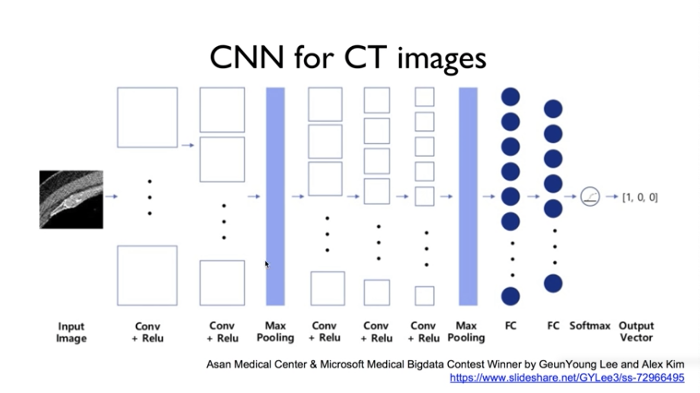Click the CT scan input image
pos(71,200)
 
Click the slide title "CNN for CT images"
pos(348,58)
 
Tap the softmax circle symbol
pos(590,196)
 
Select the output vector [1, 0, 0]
pos(640,197)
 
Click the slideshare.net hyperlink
pos(567,378)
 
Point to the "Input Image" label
pos(71,332)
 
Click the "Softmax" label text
pos(590,325)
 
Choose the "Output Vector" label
pos(636,332)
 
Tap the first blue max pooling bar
pos(275,196)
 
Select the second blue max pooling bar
pos(468,196)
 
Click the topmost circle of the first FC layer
pos(511,97)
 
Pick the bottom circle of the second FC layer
pos(553,283)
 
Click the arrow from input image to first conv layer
pos(111,196)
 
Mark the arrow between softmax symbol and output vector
pos(612,196)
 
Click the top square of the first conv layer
pos(147,117)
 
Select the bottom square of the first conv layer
pos(147,276)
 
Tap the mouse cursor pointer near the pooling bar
pos(267,264)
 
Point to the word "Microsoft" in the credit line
pos(342,364)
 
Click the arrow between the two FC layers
pos(533,196)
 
